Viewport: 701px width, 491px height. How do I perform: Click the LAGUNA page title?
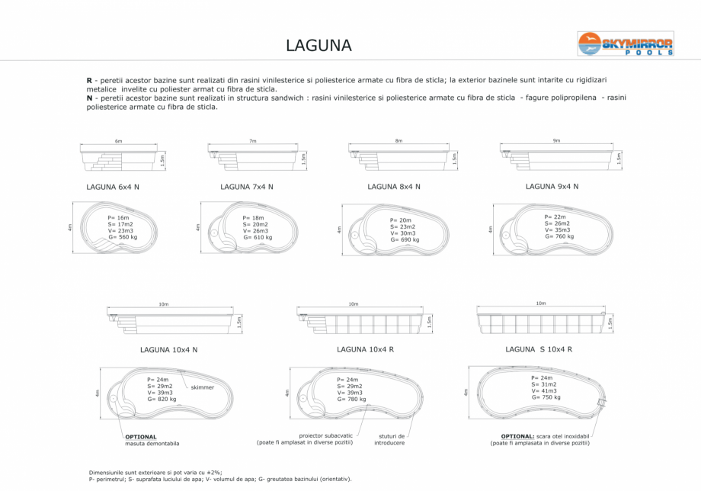[318, 45]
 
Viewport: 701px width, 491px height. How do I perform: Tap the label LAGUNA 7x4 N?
[246, 187]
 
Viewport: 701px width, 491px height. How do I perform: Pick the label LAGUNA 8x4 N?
[394, 187]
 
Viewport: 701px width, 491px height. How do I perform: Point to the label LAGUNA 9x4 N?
[552, 186]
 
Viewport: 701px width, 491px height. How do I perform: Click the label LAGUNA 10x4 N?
[168, 350]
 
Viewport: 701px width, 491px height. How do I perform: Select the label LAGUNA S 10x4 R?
[538, 349]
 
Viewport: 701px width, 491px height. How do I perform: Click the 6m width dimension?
[118, 142]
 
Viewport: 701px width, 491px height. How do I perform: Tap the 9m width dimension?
[556, 141]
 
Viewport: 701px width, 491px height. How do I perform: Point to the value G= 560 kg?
[123, 237]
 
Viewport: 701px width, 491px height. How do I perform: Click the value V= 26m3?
[255, 231]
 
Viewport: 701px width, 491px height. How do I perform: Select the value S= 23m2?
[403, 226]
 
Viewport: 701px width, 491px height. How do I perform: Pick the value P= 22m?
[555, 217]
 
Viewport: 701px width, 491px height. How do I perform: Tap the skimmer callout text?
[203, 387]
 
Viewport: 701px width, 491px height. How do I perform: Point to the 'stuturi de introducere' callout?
[389, 439]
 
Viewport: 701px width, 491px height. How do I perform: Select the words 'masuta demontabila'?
[152, 443]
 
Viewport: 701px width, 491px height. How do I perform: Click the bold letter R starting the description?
[89, 79]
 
